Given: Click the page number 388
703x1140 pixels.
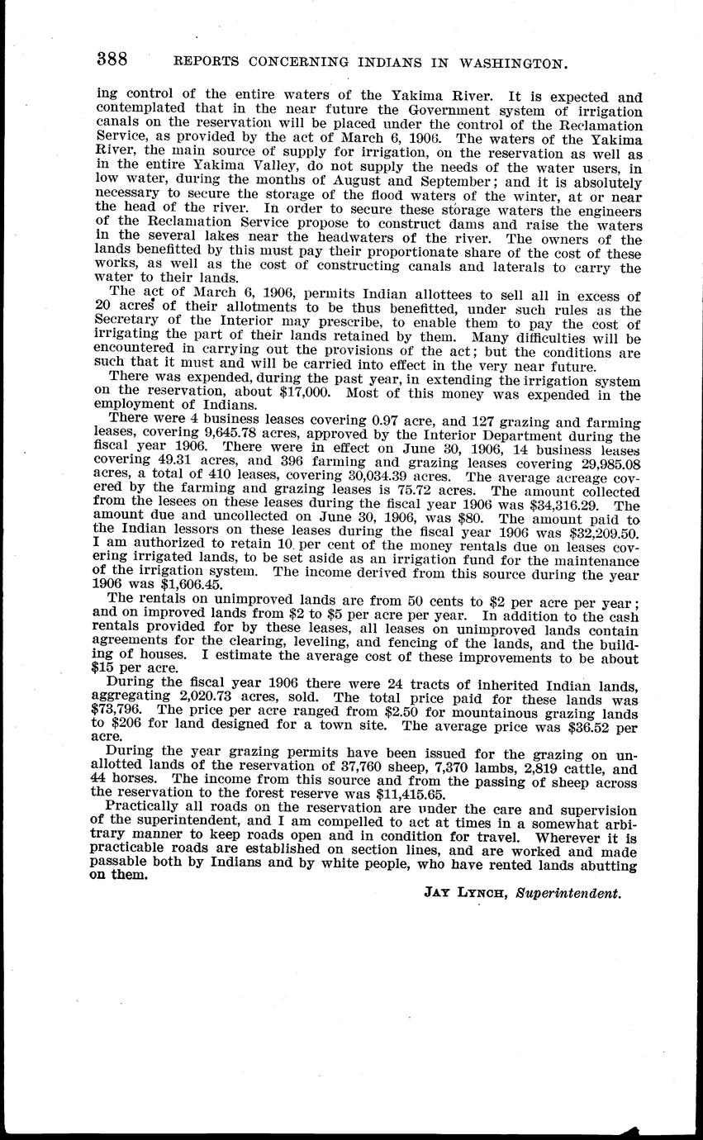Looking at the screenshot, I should [112, 59].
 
